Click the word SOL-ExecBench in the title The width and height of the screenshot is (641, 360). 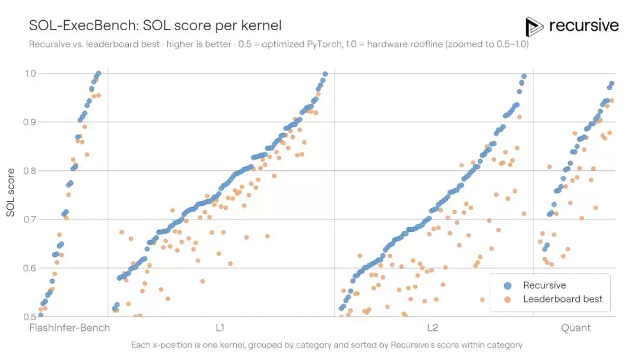tap(84, 26)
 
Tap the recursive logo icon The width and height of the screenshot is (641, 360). tap(534, 27)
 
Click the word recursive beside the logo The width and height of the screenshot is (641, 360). tap(584, 26)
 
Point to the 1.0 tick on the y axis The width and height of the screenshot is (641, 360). tap(31, 73)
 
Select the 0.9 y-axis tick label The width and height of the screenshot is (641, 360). tap(31, 122)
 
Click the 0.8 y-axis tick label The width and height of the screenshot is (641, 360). tap(31, 170)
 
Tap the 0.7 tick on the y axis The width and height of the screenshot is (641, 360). tap(31, 219)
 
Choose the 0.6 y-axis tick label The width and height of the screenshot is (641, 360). tap(31, 268)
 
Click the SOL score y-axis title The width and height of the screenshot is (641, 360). tap(11, 193)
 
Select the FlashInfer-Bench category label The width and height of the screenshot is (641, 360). tap(69, 328)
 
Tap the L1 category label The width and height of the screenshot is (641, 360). tap(220, 328)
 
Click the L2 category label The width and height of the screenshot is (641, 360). tap(433, 328)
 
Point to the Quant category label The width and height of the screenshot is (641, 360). tap(576, 328)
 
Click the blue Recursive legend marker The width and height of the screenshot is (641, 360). tap(507, 286)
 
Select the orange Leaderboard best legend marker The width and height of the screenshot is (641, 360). tap(507, 300)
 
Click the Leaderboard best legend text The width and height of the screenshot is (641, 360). tap(563, 299)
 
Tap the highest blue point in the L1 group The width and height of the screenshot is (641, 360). tap(325, 74)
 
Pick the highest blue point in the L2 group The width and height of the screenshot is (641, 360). tap(523, 77)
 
